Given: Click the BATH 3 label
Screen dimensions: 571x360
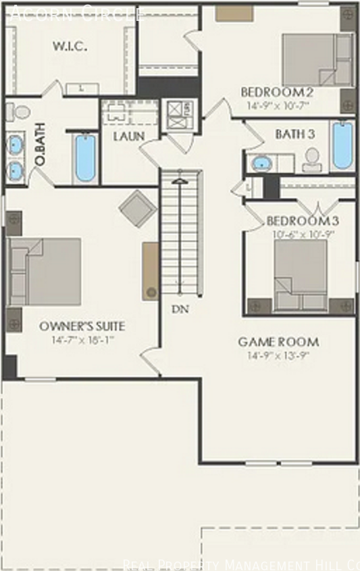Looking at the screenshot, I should click(x=295, y=134).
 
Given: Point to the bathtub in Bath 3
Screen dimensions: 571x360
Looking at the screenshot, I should click(x=342, y=145).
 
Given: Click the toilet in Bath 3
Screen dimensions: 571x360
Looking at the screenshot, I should click(x=312, y=159).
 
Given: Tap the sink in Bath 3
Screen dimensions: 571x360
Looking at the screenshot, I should click(x=261, y=163).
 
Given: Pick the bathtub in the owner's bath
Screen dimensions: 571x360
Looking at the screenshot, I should click(x=85, y=157).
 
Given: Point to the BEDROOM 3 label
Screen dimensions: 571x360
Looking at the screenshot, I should click(x=303, y=221).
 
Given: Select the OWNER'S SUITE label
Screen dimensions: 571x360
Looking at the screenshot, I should click(x=82, y=326).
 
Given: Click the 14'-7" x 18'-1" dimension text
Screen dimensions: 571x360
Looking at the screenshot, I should click(x=82, y=340).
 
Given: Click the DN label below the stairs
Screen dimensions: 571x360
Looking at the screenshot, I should click(x=180, y=309).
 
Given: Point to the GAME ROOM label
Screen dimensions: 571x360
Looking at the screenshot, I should click(x=278, y=342).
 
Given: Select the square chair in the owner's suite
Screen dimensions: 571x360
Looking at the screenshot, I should click(x=138, y=208).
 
